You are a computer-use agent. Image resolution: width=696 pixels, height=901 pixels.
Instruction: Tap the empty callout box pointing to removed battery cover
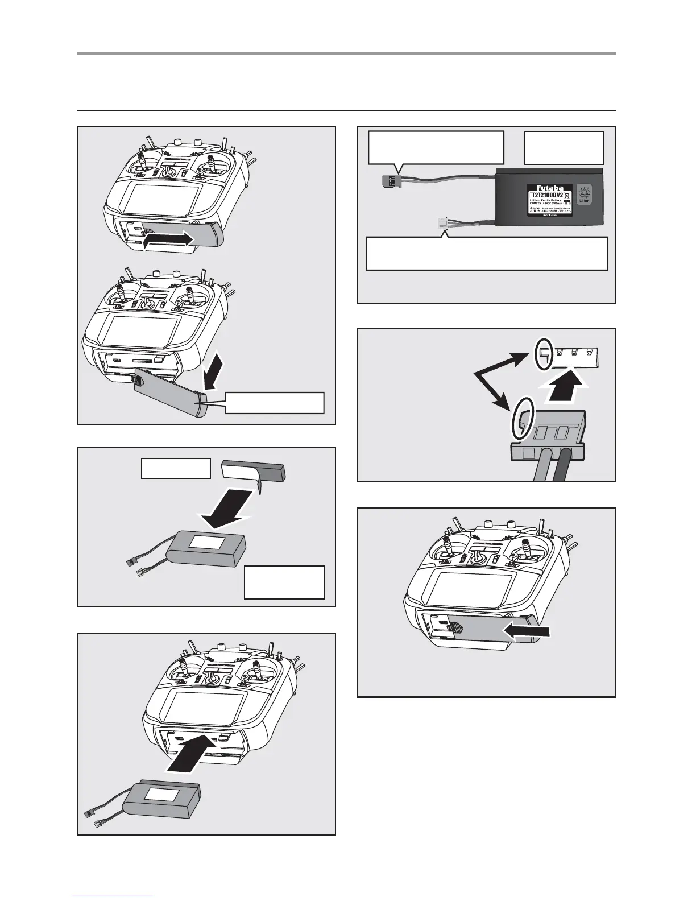coord(275,402)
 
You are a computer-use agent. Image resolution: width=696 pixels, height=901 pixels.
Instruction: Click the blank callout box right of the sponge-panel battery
coord(284,582)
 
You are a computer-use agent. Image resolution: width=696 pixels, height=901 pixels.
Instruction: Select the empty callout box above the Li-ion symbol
coord(563,147)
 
